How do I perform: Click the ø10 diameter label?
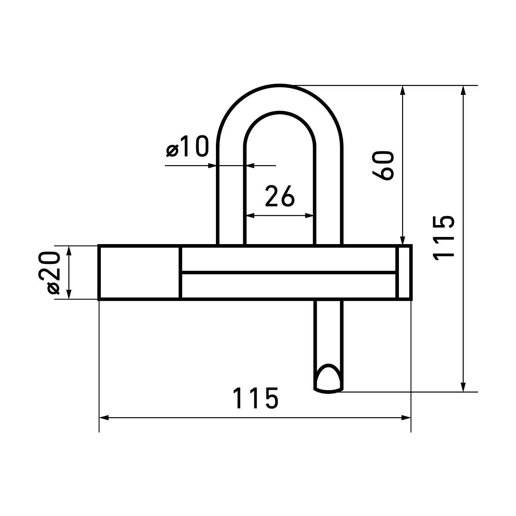click(187, 147)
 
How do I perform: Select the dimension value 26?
click(280, 196)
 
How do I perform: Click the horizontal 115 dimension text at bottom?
click(255, 398)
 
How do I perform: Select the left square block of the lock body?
click(139, 272)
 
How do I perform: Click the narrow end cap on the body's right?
click(404, 272)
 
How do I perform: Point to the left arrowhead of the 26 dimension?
click(250, 216)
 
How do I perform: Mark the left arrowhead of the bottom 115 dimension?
click(104, 418)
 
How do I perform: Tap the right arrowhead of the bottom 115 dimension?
click(406, 418)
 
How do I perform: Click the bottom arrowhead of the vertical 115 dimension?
click(463, 387)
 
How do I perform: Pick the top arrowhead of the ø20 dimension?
click(69, 250)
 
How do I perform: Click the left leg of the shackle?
click(231, 198)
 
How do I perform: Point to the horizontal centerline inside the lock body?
click(288, 272)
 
